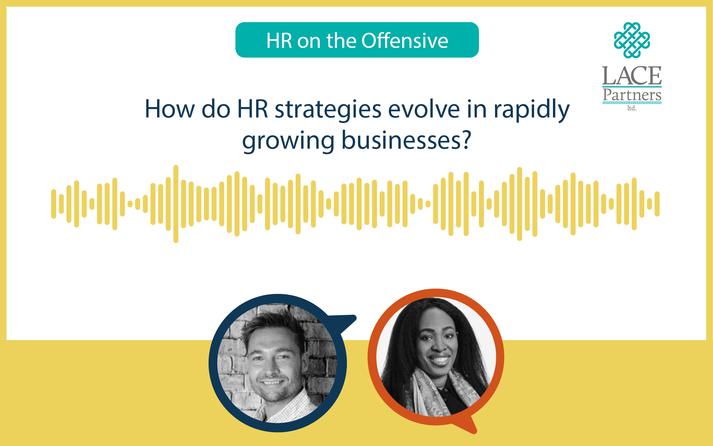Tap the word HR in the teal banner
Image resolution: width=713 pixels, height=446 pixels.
click(x=279, y=41)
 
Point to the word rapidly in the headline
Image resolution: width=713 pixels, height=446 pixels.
click(x=531, y=111)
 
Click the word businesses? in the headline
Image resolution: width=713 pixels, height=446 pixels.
click(x=406, y=140)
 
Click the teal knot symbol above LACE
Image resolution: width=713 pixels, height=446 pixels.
click(x=632, y=40)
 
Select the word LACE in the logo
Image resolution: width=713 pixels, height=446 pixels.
click(x=632, y=76)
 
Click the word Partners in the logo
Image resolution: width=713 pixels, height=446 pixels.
click(x=632, y=95)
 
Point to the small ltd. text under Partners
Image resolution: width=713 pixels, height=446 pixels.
click(x=632, y=108)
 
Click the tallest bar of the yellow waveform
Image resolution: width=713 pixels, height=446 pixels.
click(x=176, y=204)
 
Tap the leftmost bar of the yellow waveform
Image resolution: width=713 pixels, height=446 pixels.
click(x=54, y=204)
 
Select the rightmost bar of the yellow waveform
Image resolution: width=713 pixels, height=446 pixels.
click(x=657, y=204)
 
